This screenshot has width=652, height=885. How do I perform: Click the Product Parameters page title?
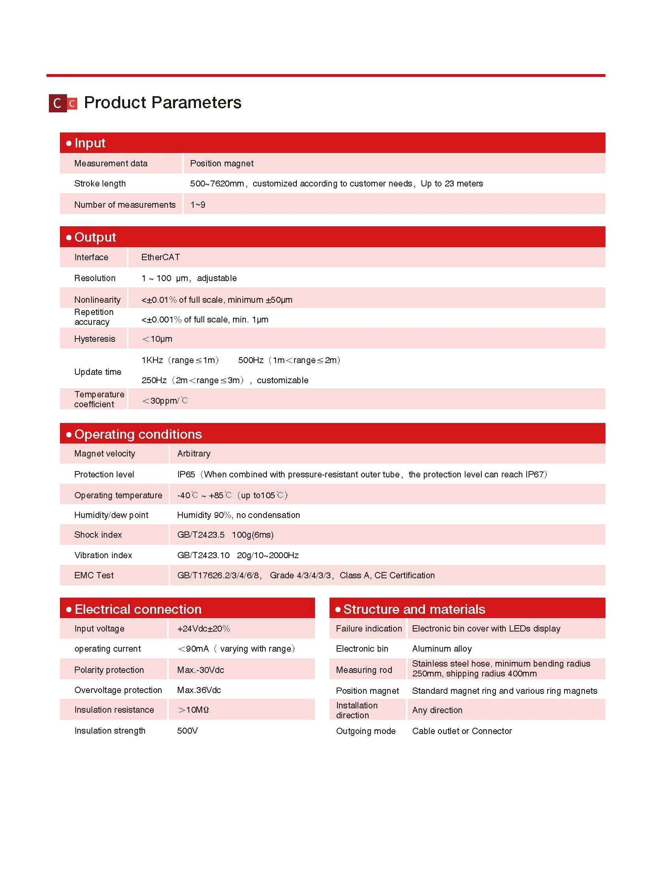click(162, 102)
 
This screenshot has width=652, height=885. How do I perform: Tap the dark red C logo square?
click(57, 103)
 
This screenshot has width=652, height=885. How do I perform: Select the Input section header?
click(90, 143)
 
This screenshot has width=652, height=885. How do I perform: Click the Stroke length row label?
click(100, 184)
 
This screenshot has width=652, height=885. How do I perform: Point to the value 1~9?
click(198, 205)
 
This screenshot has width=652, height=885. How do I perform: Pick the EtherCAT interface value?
click(160, 257)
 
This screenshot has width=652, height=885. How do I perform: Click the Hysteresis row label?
click(95, 339)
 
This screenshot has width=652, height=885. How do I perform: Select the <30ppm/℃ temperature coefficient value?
click(165, 401)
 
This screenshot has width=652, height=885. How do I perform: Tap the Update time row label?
click(97, 372)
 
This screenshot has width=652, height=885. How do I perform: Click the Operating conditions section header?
click(138, 434)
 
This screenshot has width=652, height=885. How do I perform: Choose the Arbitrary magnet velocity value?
click(194, 454)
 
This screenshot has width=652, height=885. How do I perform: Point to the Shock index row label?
click(98, 535)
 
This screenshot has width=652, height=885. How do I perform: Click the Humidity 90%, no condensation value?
click(238, 515)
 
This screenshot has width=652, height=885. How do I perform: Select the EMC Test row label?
click(94, 575)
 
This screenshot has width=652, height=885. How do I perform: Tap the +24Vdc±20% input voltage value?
click(204, 628)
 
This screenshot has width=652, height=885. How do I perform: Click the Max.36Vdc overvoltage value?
click(199, 690)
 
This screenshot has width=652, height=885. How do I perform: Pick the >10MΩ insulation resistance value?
click(194, 710)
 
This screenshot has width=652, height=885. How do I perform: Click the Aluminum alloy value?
click(441, 648)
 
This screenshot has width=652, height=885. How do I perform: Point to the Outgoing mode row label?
click(365, 731)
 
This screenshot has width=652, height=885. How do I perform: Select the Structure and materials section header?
click(414, 609)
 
